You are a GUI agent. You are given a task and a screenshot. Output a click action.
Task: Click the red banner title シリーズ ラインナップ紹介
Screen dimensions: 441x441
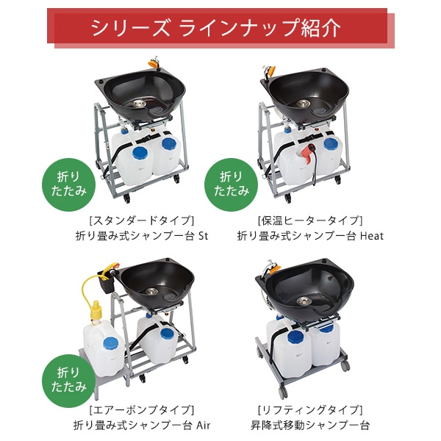pos(215,28)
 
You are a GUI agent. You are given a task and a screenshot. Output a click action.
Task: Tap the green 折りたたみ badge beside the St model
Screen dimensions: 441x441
pos(68,184)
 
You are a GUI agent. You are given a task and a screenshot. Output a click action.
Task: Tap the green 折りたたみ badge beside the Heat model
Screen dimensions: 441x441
pos(232,184)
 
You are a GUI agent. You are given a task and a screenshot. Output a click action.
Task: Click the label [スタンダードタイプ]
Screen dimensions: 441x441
pos(142,220)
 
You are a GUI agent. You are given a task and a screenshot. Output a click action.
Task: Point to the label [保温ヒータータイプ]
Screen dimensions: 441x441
pos(310,220)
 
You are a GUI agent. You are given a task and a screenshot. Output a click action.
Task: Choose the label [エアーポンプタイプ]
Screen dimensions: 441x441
pos(142,409)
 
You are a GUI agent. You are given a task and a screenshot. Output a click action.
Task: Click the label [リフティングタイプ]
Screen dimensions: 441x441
pos(310,409)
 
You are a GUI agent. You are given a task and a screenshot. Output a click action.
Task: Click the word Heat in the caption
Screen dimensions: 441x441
pos(372,236)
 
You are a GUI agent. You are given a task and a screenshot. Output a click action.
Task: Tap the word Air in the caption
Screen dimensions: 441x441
pos(203,425)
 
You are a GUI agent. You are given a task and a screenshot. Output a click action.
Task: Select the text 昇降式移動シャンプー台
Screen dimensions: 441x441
pos(310,425)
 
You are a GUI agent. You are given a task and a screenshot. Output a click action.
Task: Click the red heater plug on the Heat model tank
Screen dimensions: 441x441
pos(308,154)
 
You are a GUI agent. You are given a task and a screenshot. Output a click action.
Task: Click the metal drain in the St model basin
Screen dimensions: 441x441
pos(139,104)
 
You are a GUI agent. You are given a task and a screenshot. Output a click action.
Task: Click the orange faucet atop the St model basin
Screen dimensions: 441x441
pos(154,62)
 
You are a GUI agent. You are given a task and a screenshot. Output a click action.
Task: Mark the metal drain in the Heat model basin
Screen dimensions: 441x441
pos(303,104)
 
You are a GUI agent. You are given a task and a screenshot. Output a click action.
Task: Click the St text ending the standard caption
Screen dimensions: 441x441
pos(203,236)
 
